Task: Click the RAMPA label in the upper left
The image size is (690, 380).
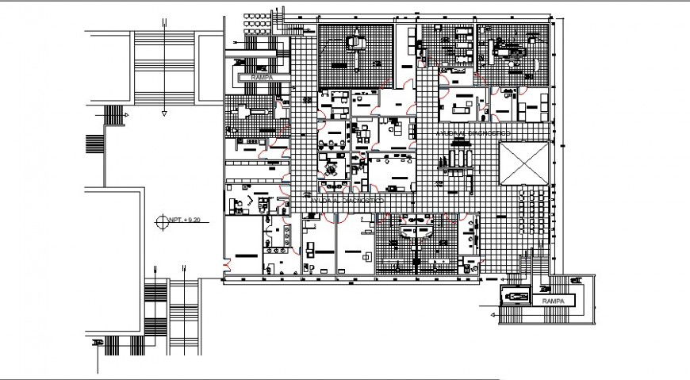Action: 261,79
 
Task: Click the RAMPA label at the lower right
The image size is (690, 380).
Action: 553,302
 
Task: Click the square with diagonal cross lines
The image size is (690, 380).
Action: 523,163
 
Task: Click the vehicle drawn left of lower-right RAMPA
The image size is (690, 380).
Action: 514,296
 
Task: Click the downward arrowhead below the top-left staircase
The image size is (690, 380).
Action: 164,113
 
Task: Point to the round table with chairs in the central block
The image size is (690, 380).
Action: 330,167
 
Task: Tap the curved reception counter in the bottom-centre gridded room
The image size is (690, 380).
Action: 417,231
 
